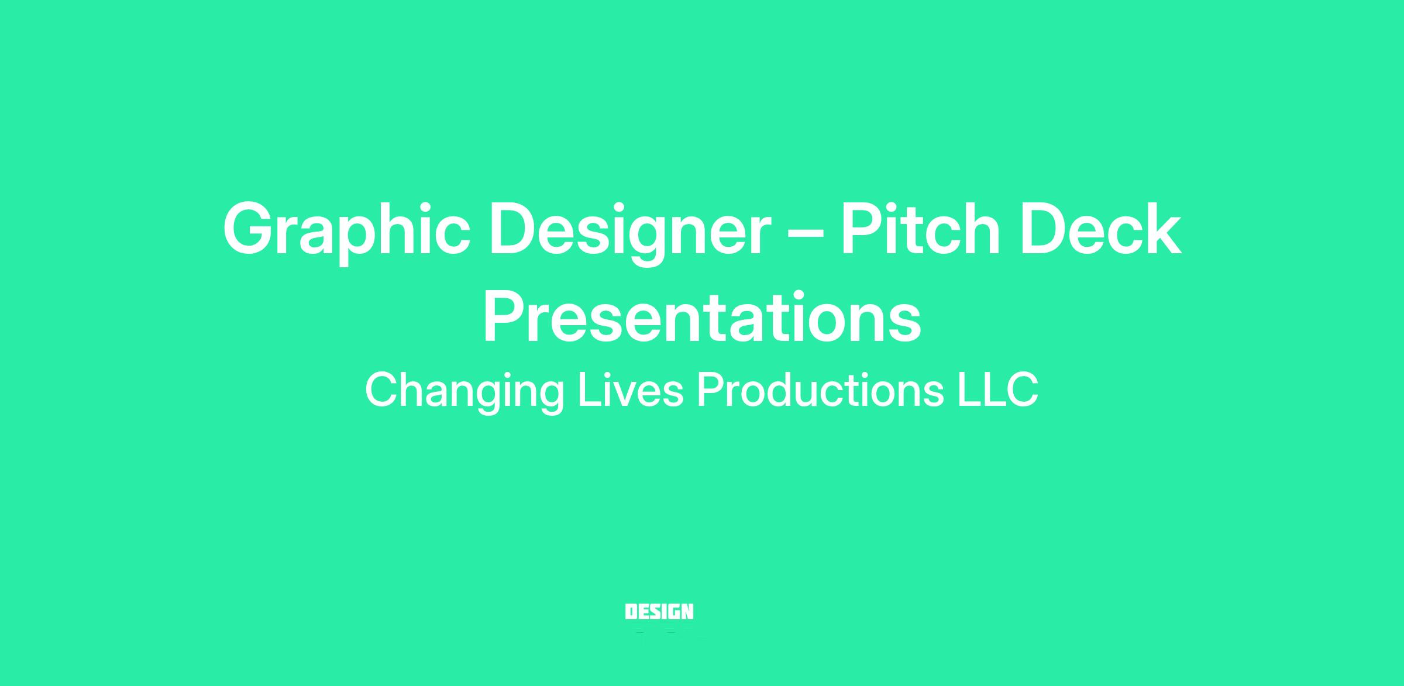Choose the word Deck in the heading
(x=1101, y=229)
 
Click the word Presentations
(x=702, y=316)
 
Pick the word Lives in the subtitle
(x=631, y=389)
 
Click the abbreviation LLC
(x=998, y=389)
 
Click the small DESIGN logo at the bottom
(x=659, y=612)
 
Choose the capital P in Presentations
(x=505, y=316)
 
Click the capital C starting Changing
(x=382, y=389)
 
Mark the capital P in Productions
(x=711, y=389)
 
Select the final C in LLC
(x=1022, y=389)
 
